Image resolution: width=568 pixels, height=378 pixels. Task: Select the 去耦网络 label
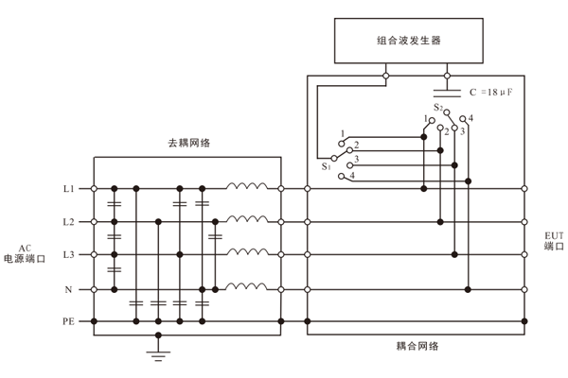pyautogui.click(x=188, y=143)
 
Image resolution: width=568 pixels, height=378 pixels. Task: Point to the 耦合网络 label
pyautogui.click(x=417, y=346)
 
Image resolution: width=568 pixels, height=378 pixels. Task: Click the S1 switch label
pyautogui.click(x=326, y=166)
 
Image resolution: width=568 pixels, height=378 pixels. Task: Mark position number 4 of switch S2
pyautogui.click(x=470, y=118)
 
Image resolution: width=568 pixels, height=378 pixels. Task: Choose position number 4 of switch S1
pyautogui.click(x=353, y=177)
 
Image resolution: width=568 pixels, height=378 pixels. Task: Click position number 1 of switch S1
pyautogui.click(x=341, y=133)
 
